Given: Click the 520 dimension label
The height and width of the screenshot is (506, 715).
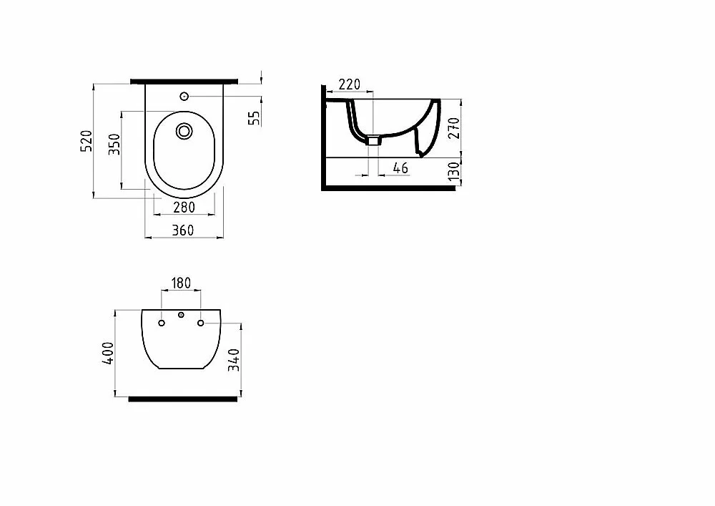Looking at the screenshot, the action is pos(87,141).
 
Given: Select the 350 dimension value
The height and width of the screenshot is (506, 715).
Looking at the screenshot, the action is pos(114,144).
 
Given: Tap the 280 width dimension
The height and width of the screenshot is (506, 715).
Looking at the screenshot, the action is pos(184,207).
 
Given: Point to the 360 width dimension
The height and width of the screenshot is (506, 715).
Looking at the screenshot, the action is pos(183,230).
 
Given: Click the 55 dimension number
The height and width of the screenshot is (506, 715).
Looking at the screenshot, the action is pos(255,118).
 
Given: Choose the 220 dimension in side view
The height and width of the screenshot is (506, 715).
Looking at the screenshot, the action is pos(350,84).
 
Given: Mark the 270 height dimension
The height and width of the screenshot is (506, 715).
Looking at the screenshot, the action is pos(454,128).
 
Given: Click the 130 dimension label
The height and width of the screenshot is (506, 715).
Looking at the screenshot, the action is pos(454,171).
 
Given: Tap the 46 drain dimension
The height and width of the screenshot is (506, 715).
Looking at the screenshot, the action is pos(400,168).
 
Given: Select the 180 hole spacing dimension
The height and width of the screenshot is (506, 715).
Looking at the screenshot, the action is pos(181,283).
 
